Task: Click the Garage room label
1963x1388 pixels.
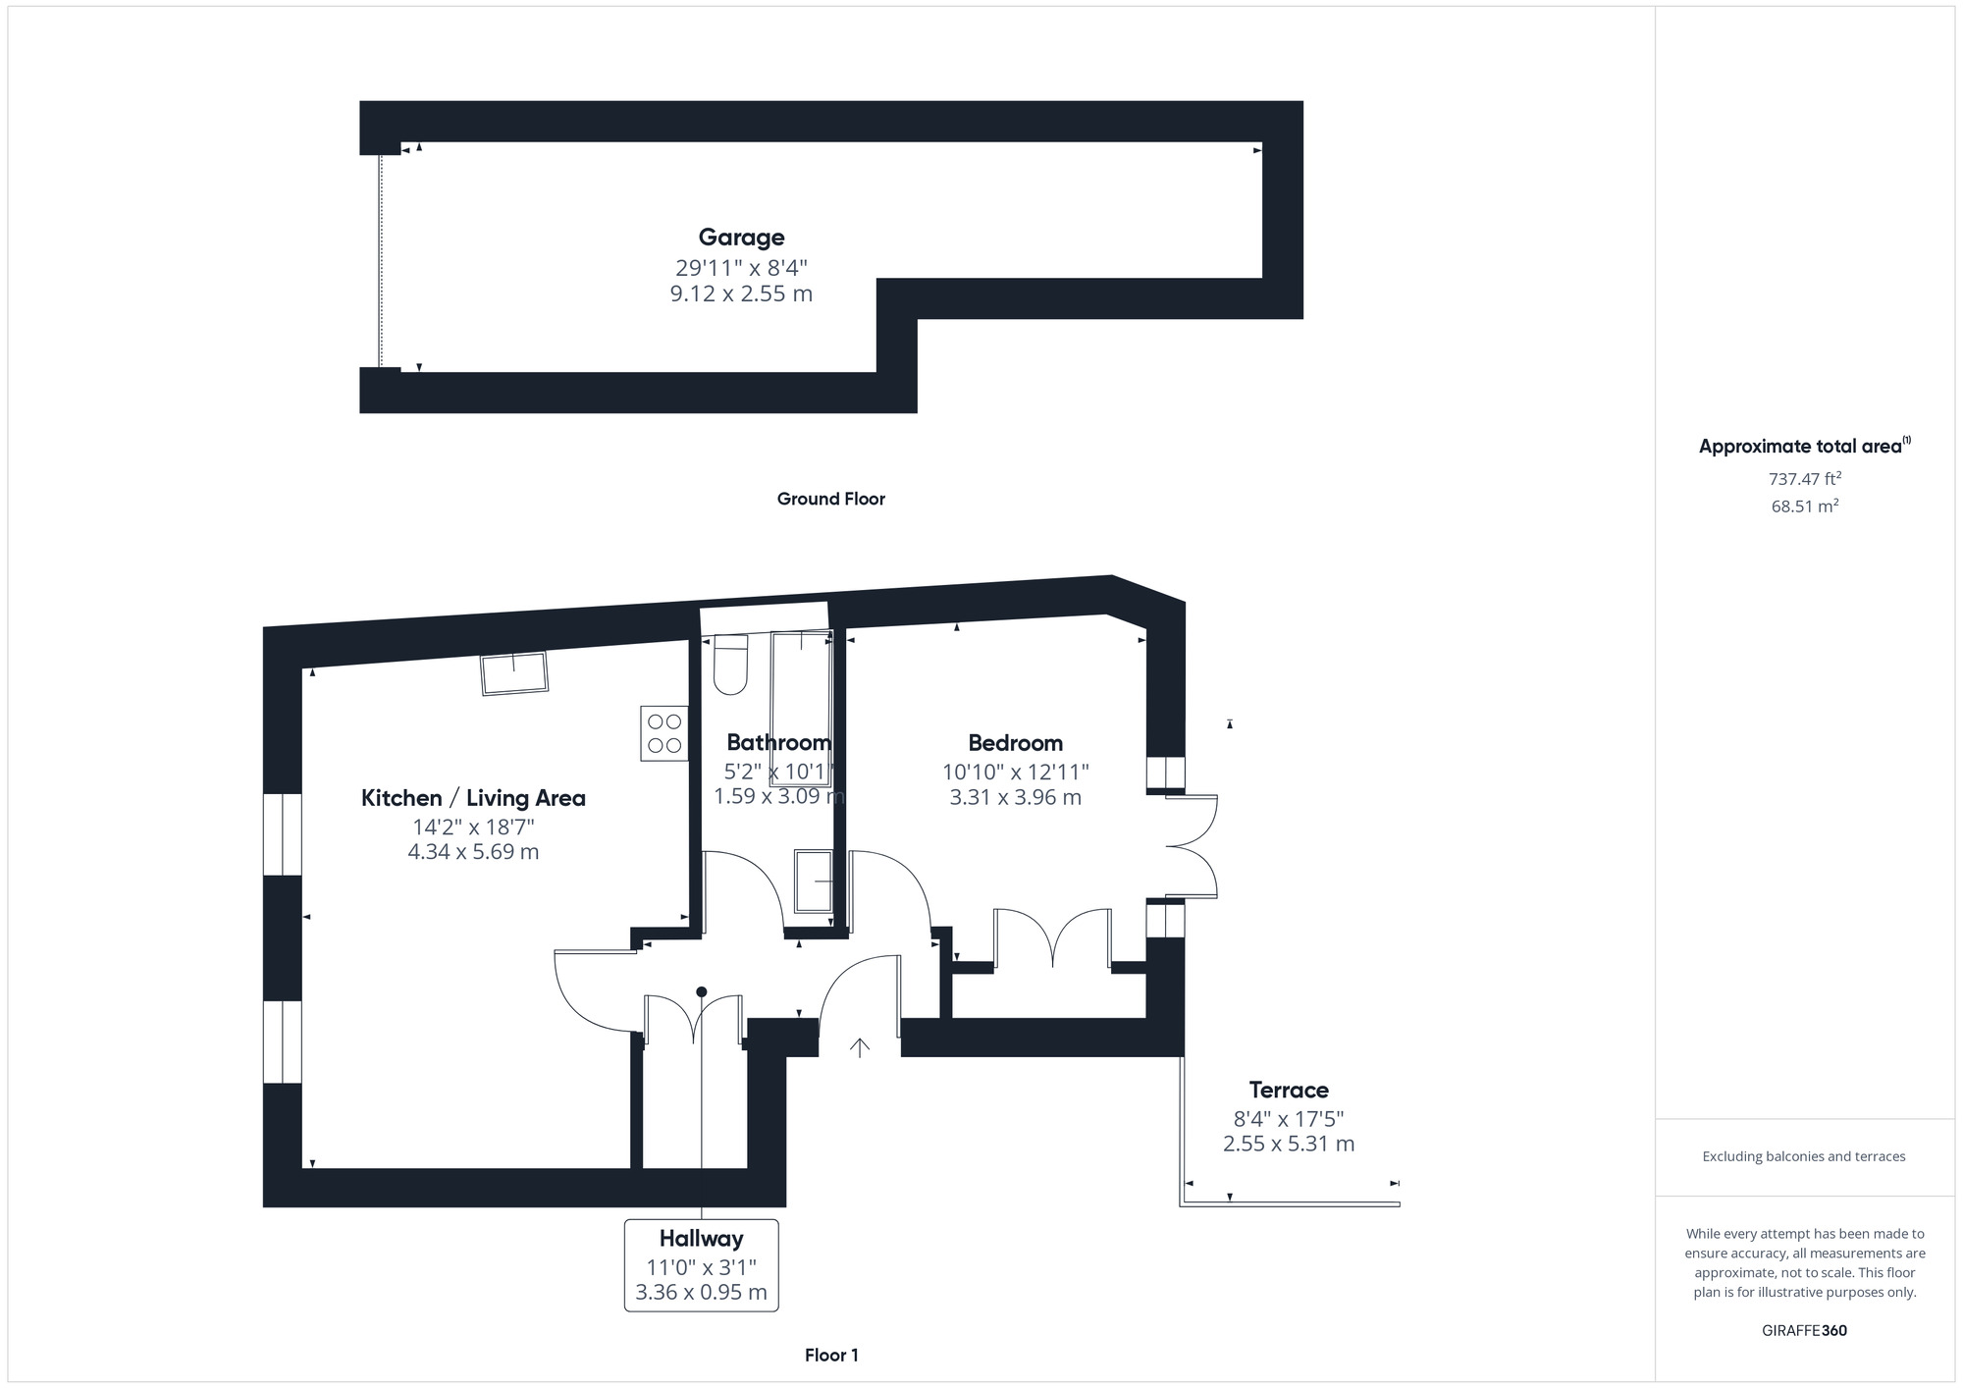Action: (741, 238)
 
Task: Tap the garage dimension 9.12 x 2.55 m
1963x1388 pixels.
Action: (741, 294)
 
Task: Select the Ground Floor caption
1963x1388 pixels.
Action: (830, 499)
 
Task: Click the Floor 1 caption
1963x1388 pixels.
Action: (831, 1355)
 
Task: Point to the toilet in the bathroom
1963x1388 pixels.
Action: (730, 665)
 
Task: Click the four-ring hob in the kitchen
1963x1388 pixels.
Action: (664, 733)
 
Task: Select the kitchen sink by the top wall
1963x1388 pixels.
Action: (513, 673)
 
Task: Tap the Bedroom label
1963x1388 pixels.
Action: (1015, 743)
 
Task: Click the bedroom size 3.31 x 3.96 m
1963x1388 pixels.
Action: (1015, 797)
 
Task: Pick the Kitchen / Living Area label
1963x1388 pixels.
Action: (473, 798)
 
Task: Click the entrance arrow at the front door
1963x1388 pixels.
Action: (860, 1048)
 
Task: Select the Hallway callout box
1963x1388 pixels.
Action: (701, 1265)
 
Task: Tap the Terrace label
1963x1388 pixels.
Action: (1288, 1090)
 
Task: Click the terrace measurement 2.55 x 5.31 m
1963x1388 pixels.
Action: (1288, 1144)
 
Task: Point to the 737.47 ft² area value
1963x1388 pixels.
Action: (1804, 479)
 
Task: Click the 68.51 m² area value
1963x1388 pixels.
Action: (1804, 507)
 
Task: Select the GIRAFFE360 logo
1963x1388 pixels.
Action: (1804, 1331)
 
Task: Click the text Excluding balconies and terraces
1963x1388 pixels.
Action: (1804, 1156)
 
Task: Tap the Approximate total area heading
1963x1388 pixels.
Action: (1804, 447)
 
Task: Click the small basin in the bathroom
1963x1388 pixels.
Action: (814, 881)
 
